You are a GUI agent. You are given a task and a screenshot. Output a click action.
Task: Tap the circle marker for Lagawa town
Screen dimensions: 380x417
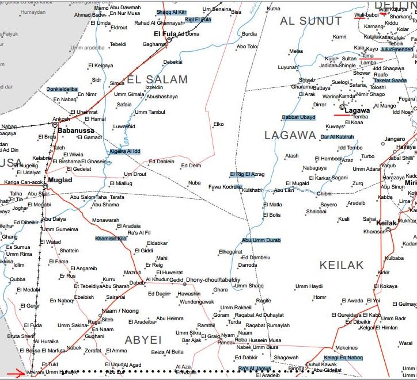(x=342, y=107)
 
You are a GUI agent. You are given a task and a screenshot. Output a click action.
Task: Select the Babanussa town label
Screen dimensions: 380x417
(x=75, y=130)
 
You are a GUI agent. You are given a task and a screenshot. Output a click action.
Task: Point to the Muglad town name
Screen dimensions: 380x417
(x=60, y=180)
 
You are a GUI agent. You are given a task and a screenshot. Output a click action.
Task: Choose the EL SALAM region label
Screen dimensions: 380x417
(x=157, y=79)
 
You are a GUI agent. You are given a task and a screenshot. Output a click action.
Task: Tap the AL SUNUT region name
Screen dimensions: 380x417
(x=311, y=21)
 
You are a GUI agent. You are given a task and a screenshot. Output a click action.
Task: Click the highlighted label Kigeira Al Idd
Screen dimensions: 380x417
(x=125, y=151)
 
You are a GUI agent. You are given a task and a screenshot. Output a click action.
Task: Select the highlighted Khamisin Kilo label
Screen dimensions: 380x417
(x=111, y=238)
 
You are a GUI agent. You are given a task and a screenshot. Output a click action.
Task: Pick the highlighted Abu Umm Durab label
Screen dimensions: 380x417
(x=261, y=240)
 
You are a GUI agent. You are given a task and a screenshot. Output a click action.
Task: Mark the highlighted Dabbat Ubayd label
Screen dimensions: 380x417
(x=298, y=118)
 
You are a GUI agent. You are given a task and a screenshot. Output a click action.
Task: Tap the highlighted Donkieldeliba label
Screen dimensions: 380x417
(x=62, y=89)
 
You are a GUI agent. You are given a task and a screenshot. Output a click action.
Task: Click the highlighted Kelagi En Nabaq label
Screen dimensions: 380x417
(x=343, y=358)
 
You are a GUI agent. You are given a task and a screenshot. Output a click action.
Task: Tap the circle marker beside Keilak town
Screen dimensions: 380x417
(x=388, y=229)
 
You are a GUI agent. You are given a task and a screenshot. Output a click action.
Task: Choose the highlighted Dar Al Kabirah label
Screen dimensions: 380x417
(x=337, y=137)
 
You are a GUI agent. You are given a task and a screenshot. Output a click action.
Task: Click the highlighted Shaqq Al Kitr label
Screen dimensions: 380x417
(x=172, y=12)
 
